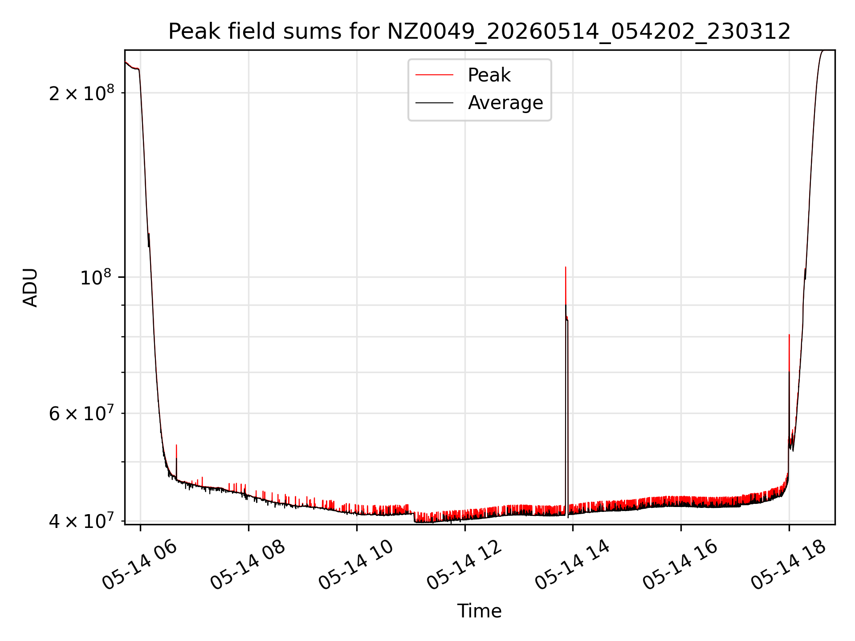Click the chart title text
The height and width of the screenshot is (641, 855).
click(x=479, y=32)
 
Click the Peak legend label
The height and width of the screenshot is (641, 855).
click(x=489, y=75)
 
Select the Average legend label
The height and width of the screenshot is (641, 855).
click(x=505, y=103)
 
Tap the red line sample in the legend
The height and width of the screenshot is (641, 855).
click(x=434, y=75)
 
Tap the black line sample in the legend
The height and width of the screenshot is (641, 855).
click(x=434, y=103)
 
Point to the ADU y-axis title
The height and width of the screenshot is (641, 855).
click(x=30, y=287)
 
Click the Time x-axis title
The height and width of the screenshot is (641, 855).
click(x=479, y=611)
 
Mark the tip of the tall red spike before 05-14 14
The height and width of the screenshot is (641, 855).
click(x=566, y=267)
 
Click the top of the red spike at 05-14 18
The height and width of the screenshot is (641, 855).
click(x=789, y=335)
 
